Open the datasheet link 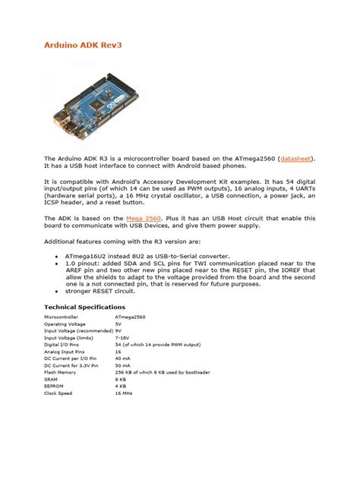click(x=293, y=159)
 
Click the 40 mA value click(x=123, y=358)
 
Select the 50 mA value click(x=123, y=366)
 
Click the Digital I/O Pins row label click(x=64, y=344)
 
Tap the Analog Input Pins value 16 click(x=118, y=352)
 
